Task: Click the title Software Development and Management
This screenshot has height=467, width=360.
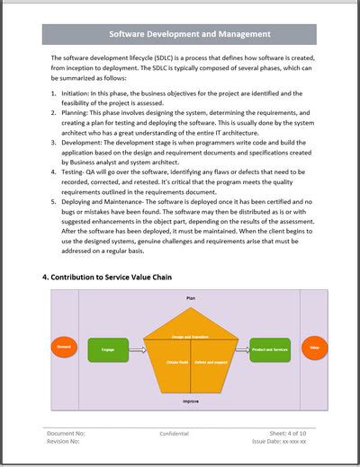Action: tap(189, 35)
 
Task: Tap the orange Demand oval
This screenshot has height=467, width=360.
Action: tap(63, 347)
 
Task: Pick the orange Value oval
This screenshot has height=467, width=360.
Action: tap(314, 347)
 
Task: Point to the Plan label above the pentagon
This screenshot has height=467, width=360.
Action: tap(191, 297)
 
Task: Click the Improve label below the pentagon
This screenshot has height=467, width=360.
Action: tap(191, 401)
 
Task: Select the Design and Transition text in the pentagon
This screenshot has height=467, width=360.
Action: tap(190, 337)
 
